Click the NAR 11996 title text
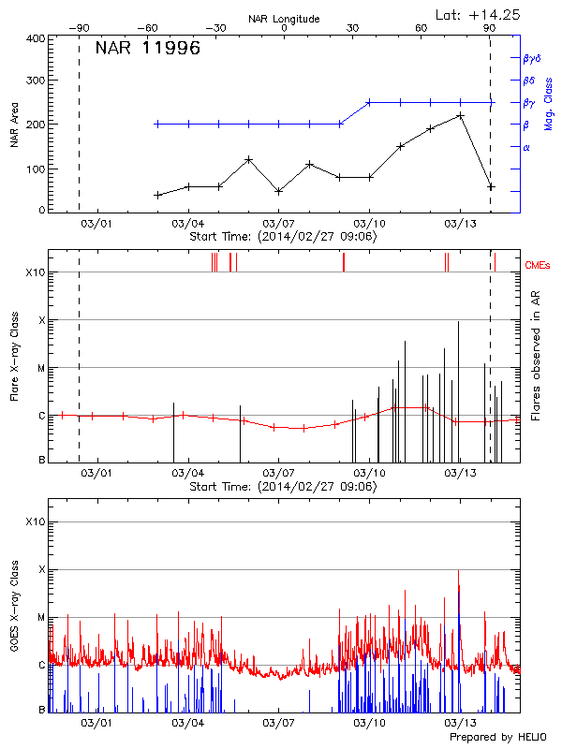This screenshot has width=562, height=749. tap(148, 50)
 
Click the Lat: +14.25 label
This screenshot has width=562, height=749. tap(479, 14)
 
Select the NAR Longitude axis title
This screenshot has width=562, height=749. tap(284, 19)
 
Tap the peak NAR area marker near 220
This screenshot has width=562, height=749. tap(460, 115)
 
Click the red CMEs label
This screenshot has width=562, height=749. tap(539, 265)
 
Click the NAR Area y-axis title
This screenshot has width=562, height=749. tap(14, 125)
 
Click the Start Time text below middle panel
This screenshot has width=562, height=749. tap(283, 487)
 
